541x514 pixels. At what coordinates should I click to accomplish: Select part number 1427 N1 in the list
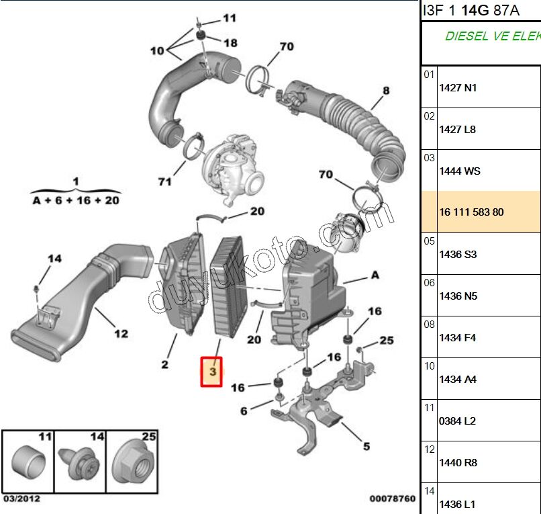[458, 88]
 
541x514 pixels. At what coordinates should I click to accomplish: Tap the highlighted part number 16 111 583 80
[471, 212]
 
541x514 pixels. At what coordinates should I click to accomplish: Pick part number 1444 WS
[460, 171]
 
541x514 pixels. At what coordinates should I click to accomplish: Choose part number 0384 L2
[458, 421]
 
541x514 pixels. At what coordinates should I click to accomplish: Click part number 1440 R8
[458, 463]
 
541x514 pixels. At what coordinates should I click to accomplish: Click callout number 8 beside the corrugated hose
[386, 91]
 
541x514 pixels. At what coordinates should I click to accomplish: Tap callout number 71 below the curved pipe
[165, 181]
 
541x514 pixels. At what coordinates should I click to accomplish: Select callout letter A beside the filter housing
[375, 275]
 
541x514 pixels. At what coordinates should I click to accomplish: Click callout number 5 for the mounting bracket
[366, 445]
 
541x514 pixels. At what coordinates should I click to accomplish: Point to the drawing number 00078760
[393, 499]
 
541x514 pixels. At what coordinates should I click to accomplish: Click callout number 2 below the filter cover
[164, 365]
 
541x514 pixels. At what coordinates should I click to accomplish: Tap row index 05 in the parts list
[429, 241]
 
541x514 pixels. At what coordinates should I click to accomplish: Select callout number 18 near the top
[230, 43]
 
